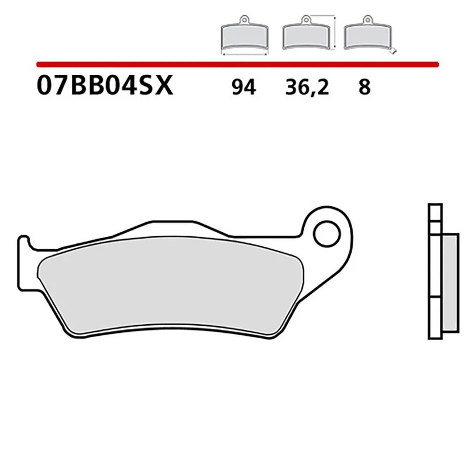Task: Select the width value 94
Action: tap(243, 88)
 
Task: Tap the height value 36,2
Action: tap(307, 88)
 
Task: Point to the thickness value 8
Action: tap(364, 88)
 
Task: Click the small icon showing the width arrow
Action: tap(244, 37)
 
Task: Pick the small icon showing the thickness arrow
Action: tap(367, 36)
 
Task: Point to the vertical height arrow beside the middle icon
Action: tap(335, 33)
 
